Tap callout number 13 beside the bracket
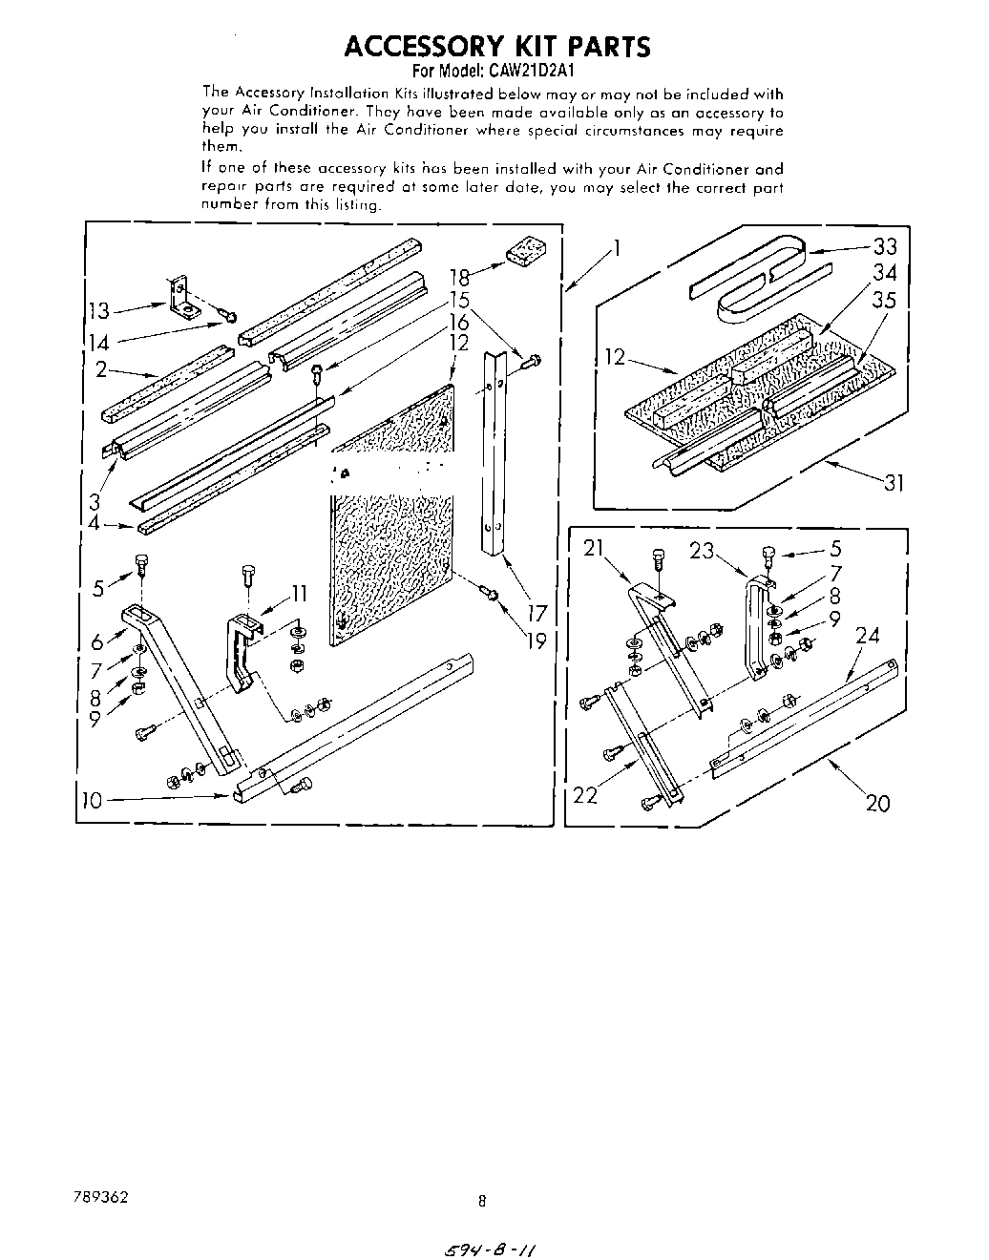(98, 310)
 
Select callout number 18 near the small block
(459, 278)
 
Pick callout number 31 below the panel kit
(892, 483)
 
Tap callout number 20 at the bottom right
(877, 803)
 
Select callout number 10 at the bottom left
(92, 800)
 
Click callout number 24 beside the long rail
(867, 636)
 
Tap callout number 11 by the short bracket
(299, 594)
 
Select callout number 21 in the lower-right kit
(594, 548)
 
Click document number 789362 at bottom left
(97, 1196)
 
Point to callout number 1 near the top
(618, 249)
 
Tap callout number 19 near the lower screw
(537, 641)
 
